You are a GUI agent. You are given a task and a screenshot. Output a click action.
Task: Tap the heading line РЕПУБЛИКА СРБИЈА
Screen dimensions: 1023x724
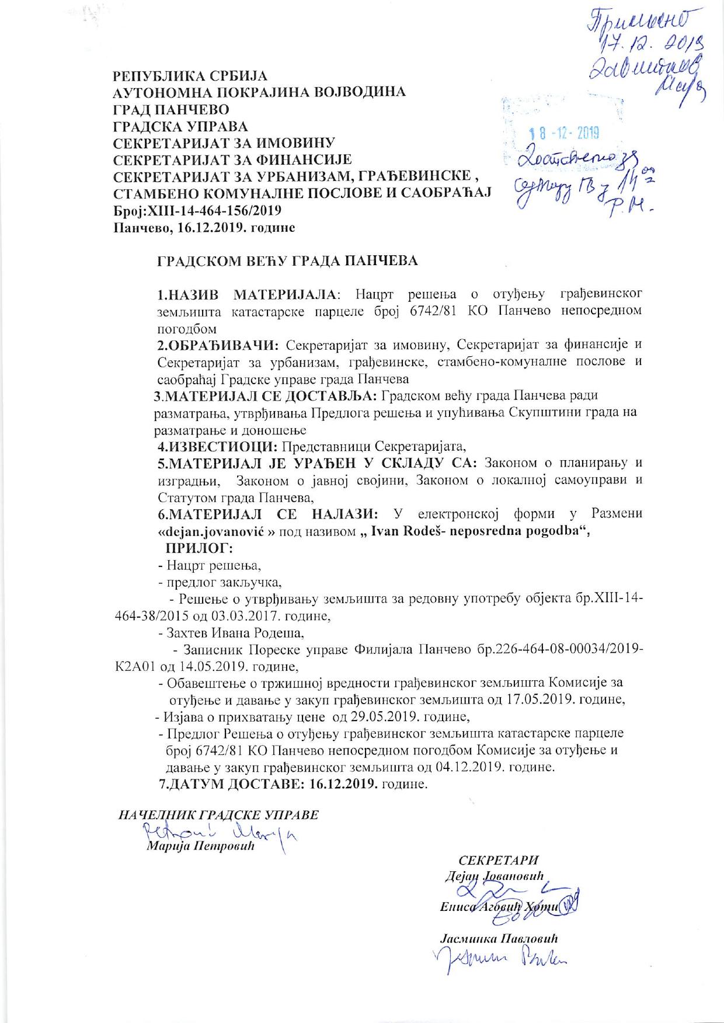pyautogui.click(x=190, y=76)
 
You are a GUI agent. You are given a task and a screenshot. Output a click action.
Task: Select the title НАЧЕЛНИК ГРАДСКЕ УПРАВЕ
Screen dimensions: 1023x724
pyautogui.click(x=219, y=815)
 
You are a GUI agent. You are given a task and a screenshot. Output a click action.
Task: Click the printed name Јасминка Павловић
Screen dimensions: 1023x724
pyautogui.click(x=499, y=939)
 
